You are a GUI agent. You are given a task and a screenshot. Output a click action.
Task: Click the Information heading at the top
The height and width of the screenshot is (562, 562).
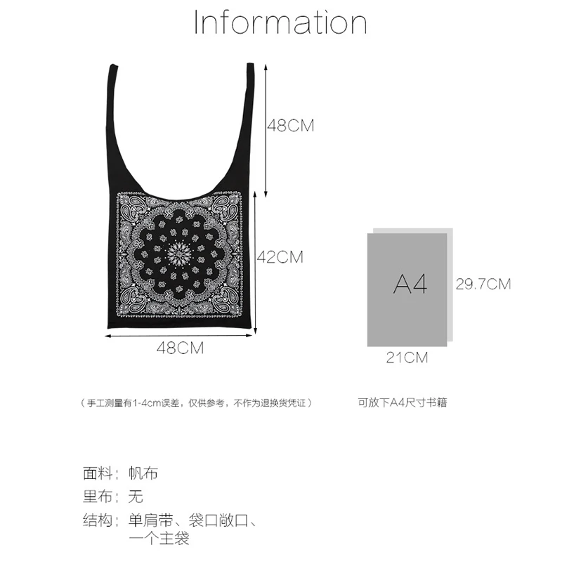click(x=280, y=23)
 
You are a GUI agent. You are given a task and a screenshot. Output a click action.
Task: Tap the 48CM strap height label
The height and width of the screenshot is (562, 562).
click(x=290, y=126)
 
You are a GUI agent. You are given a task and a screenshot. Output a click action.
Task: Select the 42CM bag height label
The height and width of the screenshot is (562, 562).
click(x=280, y=257)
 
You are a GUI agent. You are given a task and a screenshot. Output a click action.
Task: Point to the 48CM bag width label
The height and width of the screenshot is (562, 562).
click(x=180, y=348)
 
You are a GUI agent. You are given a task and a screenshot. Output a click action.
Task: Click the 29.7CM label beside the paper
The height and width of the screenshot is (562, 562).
click(x=483, y=285)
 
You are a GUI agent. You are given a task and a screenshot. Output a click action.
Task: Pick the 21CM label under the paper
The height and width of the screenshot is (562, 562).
click(x=407, y=358)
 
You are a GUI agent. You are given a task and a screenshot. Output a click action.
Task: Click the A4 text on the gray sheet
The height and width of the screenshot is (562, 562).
click(x=410, y=285)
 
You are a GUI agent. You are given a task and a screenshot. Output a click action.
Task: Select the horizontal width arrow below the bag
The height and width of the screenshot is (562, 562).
click(x=180, y=335)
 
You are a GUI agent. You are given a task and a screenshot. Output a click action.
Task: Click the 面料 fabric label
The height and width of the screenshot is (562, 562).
click(x=98, y=473)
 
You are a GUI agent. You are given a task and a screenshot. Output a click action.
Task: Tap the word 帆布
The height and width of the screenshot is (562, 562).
click(x=143, y=473)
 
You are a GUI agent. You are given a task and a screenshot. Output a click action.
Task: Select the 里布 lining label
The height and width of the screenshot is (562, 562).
click(x=98, y=497)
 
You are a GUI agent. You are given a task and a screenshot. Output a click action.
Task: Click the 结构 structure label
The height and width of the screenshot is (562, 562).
click(x=98, y=521)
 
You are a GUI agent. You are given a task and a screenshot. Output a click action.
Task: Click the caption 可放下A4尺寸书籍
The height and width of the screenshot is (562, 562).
click(x=403, y=403)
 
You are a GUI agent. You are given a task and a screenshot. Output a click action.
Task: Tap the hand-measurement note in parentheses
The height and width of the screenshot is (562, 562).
click(x=196, y=403)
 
